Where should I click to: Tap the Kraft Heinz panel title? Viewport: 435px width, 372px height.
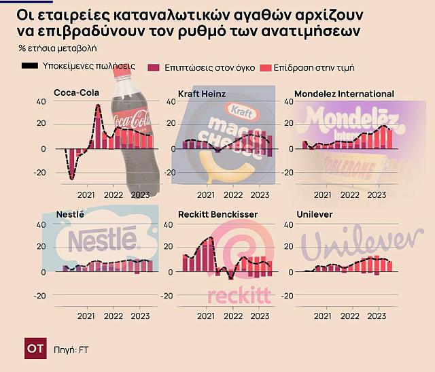tap(201, 93)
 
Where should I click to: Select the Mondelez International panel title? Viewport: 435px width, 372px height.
tap(345, 93)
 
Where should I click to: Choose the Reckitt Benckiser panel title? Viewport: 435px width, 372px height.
tap(217, 214)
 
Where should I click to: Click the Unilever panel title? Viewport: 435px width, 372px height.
tap(314, 214)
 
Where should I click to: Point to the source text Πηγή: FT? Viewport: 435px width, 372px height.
tap(72, 350)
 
